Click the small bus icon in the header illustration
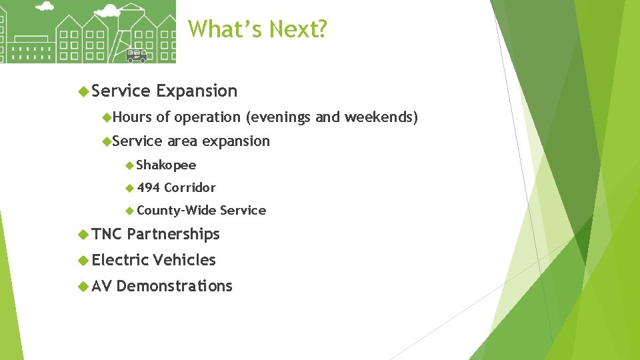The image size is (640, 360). click(136, 55)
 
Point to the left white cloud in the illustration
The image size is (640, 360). click(45, 7)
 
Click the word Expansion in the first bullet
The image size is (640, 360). click(197, 91)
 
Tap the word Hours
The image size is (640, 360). click(132, 117)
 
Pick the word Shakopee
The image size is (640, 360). click(166, 165)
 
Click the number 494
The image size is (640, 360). click(147, 188)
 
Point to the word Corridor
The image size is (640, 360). click(190, 188)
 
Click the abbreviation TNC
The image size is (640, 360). click(107, 234)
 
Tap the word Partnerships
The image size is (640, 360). click(173, 234)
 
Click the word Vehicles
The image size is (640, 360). click(185, 260)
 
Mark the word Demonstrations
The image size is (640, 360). click(174, 286)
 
